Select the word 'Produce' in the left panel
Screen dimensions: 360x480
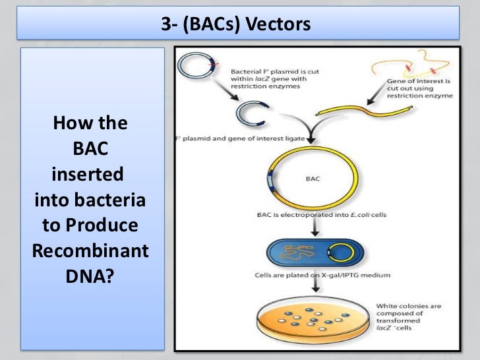click(109, 225)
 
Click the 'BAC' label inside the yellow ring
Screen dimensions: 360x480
click(313, 179)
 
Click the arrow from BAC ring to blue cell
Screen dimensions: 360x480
click(317, 227)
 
